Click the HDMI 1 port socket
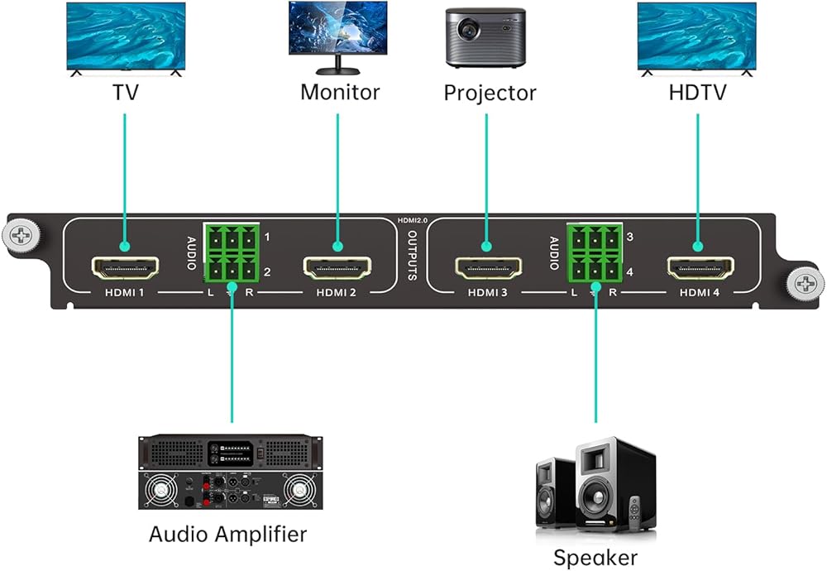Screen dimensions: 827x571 pyautogui.click(x=125, y=268)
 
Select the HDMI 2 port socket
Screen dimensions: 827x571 pyautogui.click(x=337, y=268)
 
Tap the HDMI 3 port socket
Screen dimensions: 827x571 pyautogui.click(x=489, y=268)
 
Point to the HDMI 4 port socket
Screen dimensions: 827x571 pyautogui.click(x=700, y=268)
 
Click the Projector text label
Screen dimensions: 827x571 pyautogui.click(x=490, y=94)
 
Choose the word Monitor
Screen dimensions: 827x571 pyautogui.click(x=340, y=93)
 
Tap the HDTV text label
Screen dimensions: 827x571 pyautogui.click(x=697, y=93)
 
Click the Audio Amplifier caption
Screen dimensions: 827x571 pyautogui.click(x=228, y=534)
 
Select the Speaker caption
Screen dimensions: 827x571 pyautogui.click(x=595, y=558)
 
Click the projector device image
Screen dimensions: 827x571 pyautogui.click(x=485, y=37)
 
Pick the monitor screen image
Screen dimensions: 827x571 pyautogui.click(x=338, y=27)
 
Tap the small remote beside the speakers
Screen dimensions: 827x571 pyautogui.click(x=635, y=512)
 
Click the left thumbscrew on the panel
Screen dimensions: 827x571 pyautogui.click(x=21, y=235)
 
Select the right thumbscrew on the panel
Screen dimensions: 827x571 pyautogui.click(x=805, y=283)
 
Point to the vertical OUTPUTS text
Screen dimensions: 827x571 pyautogui.click(x=413, y=256)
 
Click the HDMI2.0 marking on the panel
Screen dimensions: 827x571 pyautogui.click(x=413, y=221)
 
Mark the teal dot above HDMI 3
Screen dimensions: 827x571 pyautogui.click(x=487, y=246)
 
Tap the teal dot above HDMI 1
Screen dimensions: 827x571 pyautogui.click(x=125, y=246)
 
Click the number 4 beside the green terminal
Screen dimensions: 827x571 pyautogui.click(x=629, y=272)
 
